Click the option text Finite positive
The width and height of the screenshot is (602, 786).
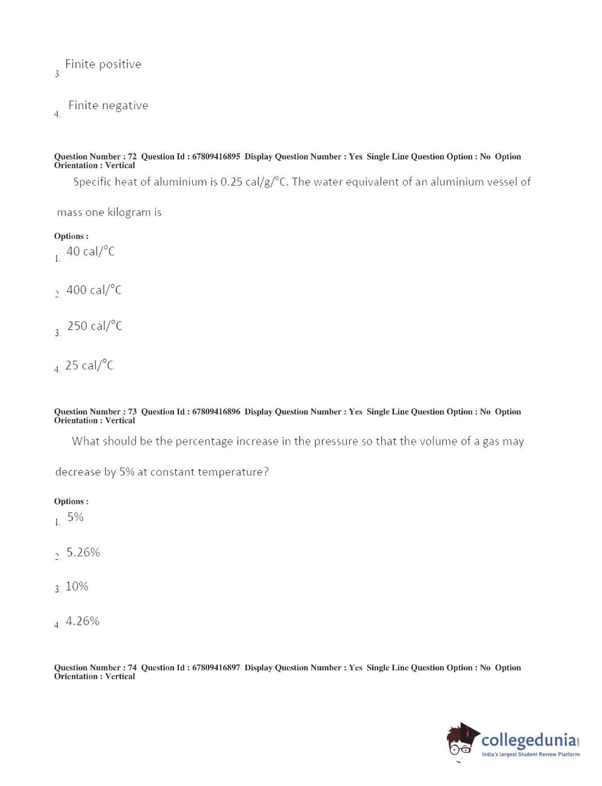pos(103,64)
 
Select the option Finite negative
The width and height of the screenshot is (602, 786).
pos(108,106)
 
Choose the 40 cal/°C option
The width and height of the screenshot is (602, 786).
pos(90,252)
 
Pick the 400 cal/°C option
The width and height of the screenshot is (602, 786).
pos(93,290)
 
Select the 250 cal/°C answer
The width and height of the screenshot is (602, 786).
pos(95,326)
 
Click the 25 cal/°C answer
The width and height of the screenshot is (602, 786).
pos(89,365)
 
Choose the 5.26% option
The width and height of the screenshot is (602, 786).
pos(83,553)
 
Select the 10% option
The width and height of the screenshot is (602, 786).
pos(77,586)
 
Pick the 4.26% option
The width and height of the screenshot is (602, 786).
pos(82,621)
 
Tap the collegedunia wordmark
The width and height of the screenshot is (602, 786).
pos(529,740)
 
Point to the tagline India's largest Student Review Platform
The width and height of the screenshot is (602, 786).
pos(530,754)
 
